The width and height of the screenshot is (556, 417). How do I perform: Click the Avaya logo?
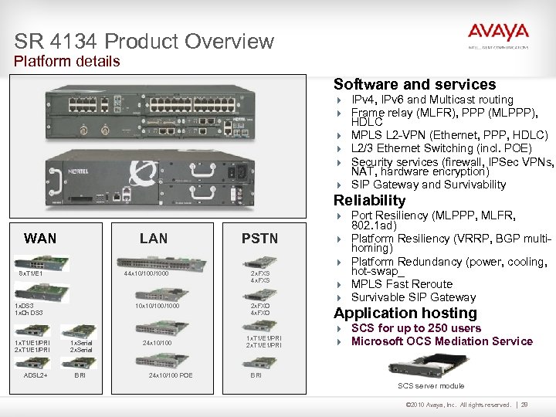click(498, 34)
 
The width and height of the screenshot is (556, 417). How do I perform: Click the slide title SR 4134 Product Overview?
click(144, 41)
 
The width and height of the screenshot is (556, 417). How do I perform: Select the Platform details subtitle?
click(67, 61)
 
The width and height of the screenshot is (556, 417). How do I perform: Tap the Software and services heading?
click(414, 84)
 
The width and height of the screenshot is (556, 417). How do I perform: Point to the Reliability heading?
click(369, 200)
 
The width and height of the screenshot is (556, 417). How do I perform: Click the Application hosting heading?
click(405, 313)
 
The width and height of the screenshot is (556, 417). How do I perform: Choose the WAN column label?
click(40, 238)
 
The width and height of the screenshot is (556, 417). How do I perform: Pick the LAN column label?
click(153, 238)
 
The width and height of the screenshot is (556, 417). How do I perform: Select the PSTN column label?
click(259, 239)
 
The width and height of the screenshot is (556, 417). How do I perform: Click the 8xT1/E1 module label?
click(31, 273)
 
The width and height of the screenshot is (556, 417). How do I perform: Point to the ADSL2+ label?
click(36, 375)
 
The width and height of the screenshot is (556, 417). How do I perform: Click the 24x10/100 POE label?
click(171, 375)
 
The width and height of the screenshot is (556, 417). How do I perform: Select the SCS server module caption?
click(431, 385)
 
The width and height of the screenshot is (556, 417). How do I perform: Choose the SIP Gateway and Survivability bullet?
click(429, 185)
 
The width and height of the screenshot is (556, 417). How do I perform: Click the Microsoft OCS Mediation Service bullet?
click(442, 341)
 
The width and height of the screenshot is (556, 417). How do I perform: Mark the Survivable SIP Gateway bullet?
click(413, 297)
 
